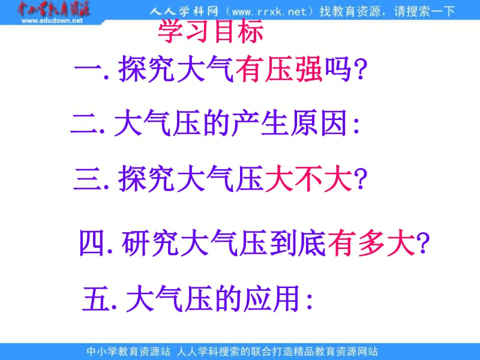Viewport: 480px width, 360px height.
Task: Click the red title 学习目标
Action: pos(211,31)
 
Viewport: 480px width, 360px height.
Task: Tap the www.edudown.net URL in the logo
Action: pos(52,21)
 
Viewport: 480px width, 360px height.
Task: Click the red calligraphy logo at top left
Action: pos(53,9)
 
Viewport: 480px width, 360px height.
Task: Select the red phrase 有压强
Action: pos(279,69)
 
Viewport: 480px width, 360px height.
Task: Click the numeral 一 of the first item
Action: pos(88,69)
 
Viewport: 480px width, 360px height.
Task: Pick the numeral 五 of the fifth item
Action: pos(97,298)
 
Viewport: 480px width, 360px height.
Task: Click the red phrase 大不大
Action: pos(308,178)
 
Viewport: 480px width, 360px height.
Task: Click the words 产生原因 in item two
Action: pos(289,123)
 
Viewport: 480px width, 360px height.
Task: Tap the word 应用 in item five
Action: pos(271,298)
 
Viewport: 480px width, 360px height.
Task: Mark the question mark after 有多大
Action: pos(423,244)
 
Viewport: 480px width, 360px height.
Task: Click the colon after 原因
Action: pos(356,125)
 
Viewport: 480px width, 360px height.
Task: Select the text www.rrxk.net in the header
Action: pos(269,12)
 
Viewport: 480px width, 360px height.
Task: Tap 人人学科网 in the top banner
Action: pos(184,12)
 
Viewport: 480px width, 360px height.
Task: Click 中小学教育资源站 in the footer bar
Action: pos(128,352)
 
